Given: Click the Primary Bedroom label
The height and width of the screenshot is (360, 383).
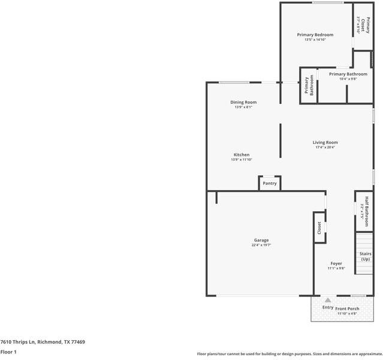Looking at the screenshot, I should [315, 35].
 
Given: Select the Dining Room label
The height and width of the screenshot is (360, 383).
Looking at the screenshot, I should [243, 102].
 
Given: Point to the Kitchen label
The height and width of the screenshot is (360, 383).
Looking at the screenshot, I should [242, 155].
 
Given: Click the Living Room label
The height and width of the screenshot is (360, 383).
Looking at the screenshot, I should [325, 143].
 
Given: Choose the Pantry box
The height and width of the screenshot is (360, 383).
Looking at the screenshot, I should [270, 183].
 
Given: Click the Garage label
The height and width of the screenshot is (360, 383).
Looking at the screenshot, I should [261, 240].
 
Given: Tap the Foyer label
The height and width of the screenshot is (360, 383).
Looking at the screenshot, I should [336, 263].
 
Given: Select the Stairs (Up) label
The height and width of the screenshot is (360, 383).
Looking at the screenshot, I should [365, 256].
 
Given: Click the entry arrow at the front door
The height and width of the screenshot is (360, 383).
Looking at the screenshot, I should [327, 299].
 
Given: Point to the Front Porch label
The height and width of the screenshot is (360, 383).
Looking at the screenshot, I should [347, 308].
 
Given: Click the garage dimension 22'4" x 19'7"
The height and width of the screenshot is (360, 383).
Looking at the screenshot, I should [261, 245].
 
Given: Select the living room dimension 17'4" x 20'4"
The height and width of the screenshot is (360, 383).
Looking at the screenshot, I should [325, 148].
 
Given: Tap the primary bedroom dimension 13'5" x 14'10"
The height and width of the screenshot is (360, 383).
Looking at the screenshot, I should [315, 40].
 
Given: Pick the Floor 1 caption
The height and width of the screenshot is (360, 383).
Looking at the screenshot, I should [8, 352].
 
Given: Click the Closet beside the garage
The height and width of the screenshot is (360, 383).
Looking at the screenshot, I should [319, 228].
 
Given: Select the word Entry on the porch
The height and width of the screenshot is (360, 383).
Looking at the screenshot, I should [328, 307].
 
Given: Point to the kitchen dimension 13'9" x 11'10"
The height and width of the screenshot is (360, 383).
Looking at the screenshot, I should [242, 160].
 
